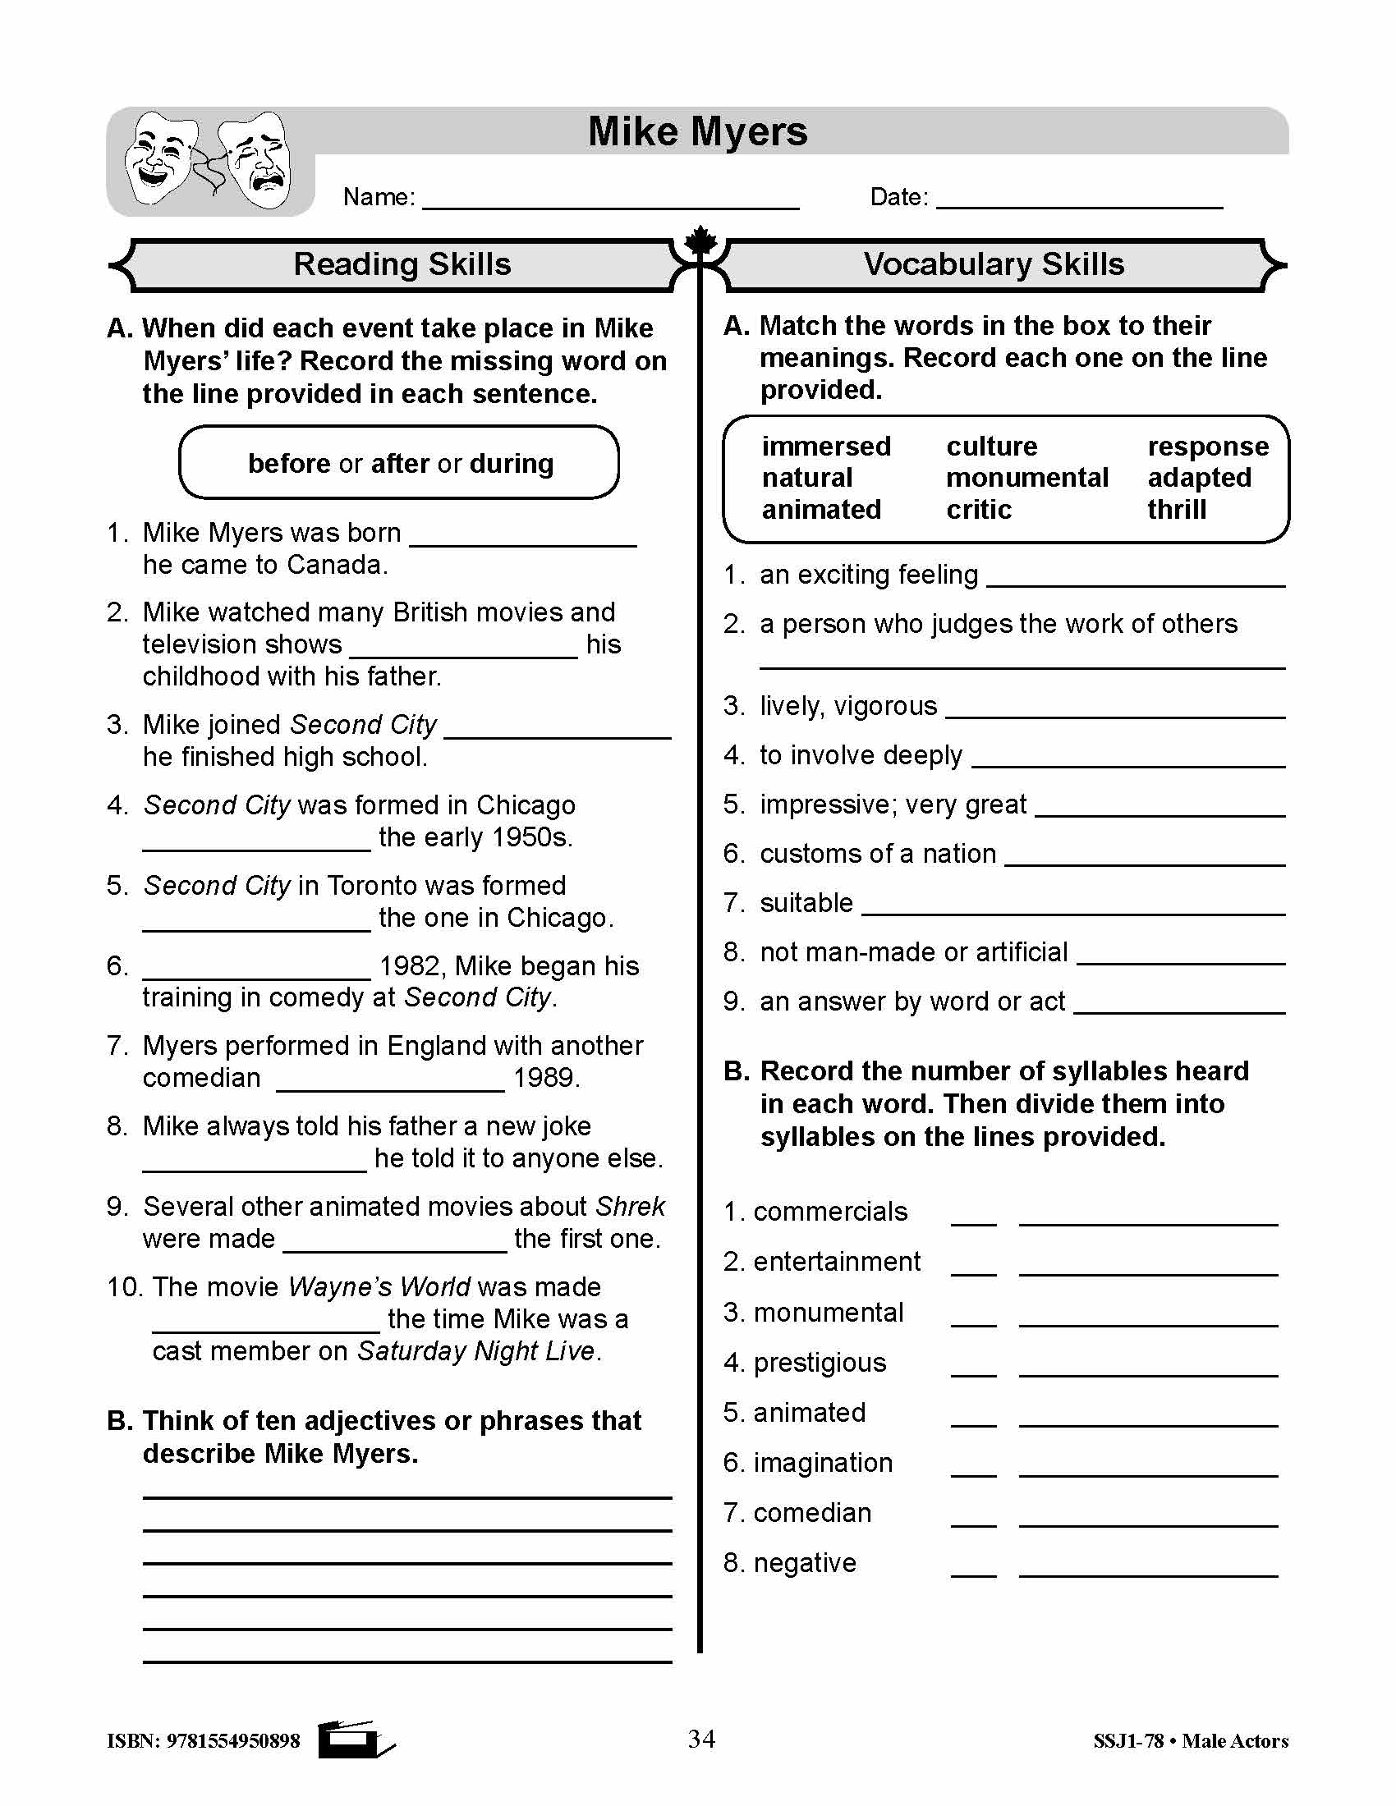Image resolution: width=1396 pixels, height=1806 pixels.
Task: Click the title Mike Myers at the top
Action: click(x=697, y=131)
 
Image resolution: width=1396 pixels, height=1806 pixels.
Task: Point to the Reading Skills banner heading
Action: click(x=402, y=264)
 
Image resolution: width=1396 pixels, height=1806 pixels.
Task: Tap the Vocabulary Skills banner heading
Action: click(x=994, y=264)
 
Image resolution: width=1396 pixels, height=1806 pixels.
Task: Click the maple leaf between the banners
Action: click(x=700, y=241)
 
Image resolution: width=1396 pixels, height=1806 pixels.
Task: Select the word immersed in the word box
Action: click(x=825, y=447)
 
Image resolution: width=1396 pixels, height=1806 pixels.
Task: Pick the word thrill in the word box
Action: click(x=1176, y=510)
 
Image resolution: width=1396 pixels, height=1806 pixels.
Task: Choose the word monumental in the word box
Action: click(x=1026, y=478)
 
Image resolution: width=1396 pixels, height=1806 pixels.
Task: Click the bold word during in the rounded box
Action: click(x=511, y=464)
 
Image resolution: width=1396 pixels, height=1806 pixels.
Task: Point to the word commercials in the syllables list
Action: click(x=829, y=1212)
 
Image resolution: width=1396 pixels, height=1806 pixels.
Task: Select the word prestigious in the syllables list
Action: click(x=819, y=1363)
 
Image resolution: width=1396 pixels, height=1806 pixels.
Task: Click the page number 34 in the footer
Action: click(x=701, y=1739)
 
